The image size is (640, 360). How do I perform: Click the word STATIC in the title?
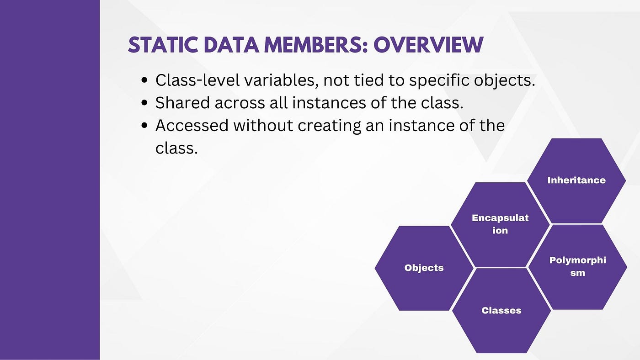163,45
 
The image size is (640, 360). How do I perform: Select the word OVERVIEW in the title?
428,45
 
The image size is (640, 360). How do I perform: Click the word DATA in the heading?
231,45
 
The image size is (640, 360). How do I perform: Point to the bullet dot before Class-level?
144,80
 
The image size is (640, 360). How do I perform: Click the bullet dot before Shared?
144,103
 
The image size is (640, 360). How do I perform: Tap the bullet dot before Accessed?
144,126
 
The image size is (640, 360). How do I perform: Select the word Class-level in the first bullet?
197,80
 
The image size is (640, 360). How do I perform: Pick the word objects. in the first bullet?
505,81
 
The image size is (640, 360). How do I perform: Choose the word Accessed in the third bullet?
192,126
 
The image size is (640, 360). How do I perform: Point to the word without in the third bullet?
263,126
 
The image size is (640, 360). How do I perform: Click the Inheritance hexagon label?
576,180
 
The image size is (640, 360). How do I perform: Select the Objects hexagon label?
424,268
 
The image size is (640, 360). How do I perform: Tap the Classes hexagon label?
501,310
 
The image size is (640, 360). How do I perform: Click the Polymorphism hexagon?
578,267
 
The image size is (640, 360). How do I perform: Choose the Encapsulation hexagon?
500,225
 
